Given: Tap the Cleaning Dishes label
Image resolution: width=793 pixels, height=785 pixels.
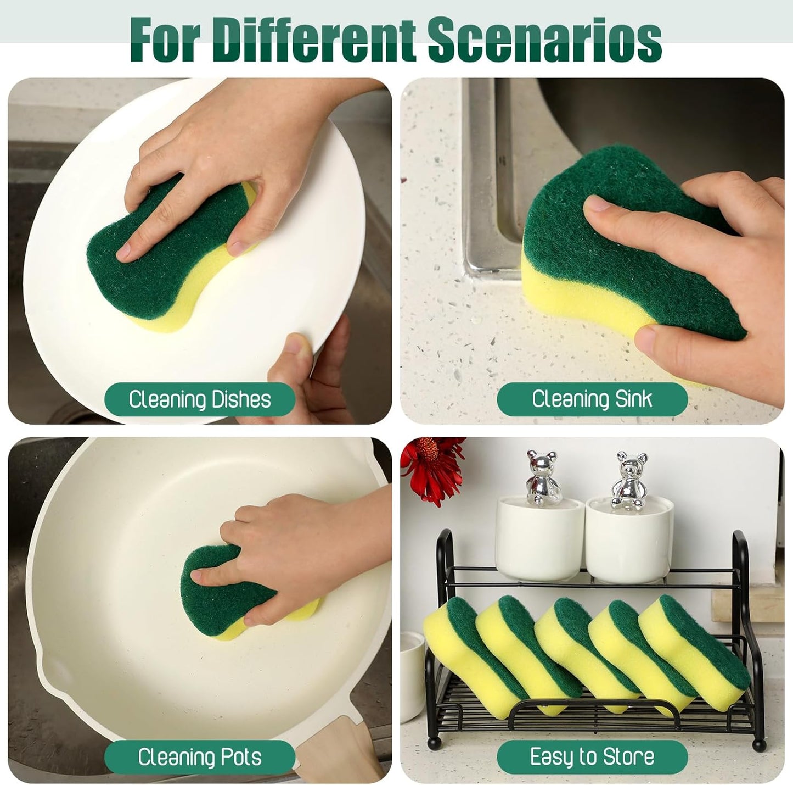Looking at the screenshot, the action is click(x=200, y=399).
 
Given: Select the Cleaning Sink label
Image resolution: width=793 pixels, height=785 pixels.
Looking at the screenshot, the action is click(x=592, y=399).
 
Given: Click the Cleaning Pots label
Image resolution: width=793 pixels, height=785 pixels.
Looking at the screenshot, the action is click(x=200, y=757).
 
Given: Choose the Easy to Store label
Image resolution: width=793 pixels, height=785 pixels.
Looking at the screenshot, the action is click(x=592, y=757).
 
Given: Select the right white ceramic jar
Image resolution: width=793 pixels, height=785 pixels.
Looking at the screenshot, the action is click(x=628, y=538).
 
